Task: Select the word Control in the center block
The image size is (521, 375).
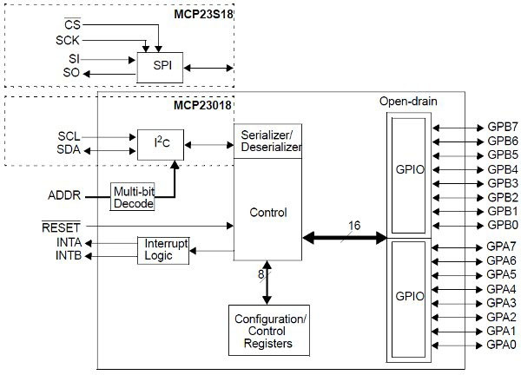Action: (x=267, y=212)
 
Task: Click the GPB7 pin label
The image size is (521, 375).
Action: (x=502, y=126)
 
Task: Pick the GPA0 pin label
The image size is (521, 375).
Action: (x=502, y=345)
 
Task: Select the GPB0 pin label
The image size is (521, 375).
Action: (x=502, y=225)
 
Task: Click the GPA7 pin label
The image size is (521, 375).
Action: (x=502, y=247)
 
